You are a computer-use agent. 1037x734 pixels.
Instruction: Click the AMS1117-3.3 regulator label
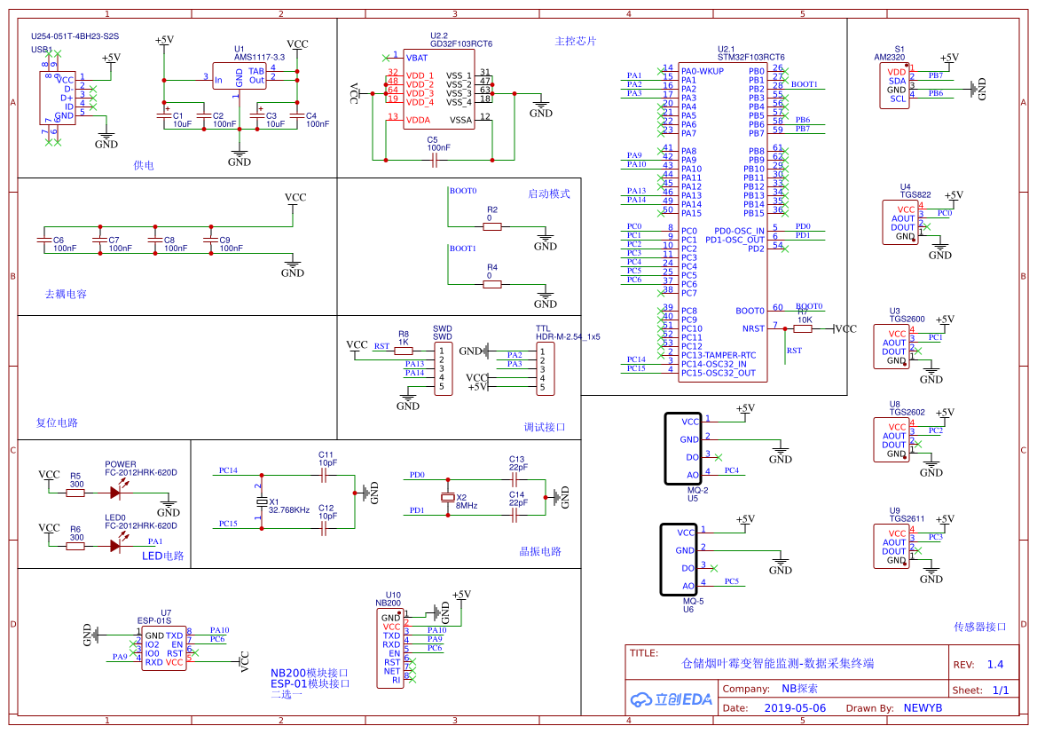point(253,57)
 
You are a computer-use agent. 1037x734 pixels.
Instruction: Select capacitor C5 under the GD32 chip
point(435,160)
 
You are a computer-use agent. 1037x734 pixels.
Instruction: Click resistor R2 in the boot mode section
point(492,226)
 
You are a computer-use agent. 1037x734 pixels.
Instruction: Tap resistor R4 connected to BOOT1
point(492,284)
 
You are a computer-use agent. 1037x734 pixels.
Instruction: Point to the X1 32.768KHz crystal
point(261,502)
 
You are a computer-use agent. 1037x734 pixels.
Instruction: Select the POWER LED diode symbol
point(115,492)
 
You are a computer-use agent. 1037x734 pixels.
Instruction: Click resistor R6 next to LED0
point(76,546)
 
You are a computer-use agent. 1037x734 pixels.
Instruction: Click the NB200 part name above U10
point(389,604)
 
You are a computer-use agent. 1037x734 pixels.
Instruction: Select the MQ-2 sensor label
point(697,490)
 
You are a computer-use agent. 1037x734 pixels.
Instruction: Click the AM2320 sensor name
point(892,57)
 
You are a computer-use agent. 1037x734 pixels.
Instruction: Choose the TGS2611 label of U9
point(907,518)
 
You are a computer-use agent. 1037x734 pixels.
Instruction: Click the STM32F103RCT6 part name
point(751,57)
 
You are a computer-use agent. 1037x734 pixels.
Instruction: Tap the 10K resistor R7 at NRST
point(803,328)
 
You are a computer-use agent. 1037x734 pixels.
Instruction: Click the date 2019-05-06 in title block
point(795,708)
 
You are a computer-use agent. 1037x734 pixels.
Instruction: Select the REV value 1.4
point(995,664)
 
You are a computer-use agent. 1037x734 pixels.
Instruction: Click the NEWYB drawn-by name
point(923,708)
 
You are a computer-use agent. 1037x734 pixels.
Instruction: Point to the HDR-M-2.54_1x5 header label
point(568,336)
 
